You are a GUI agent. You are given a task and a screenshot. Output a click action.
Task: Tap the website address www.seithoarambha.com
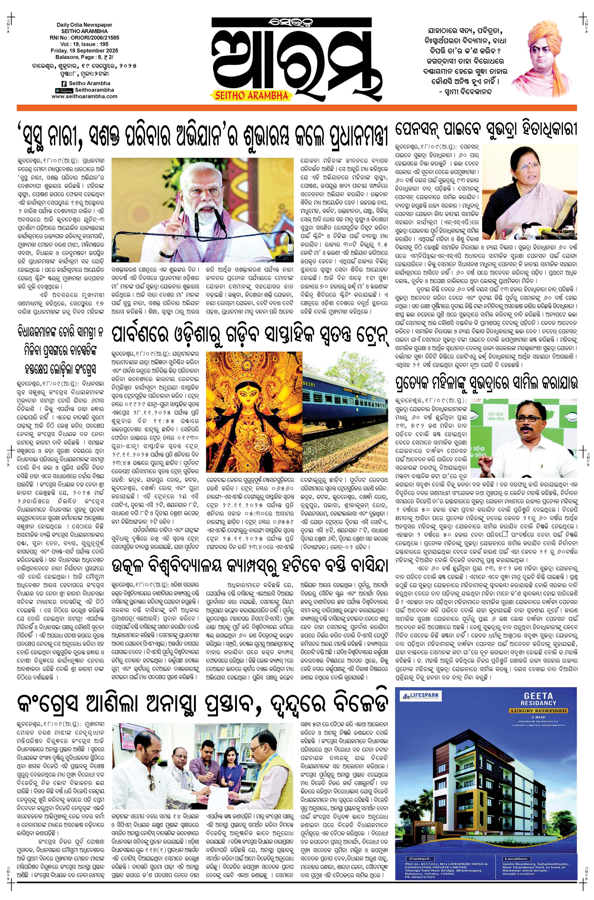84,96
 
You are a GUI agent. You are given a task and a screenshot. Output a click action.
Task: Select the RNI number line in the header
84,38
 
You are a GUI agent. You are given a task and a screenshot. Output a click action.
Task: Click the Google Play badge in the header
64,90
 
